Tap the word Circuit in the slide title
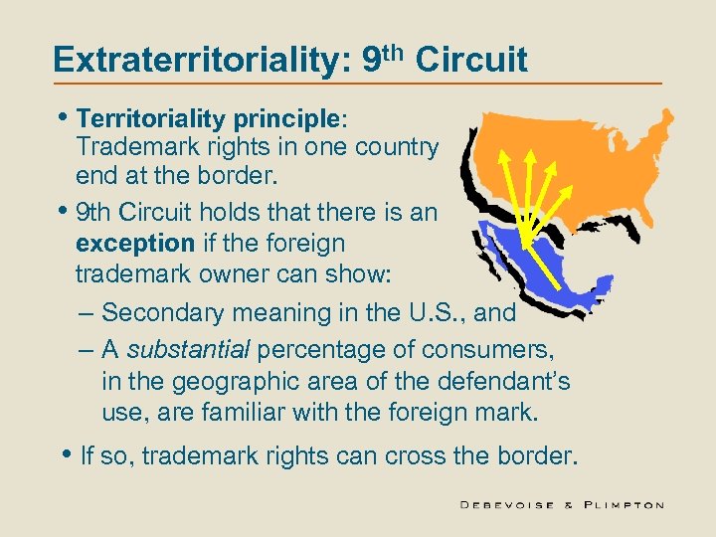pos(471,60)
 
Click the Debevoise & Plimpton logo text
pos(562,505)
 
